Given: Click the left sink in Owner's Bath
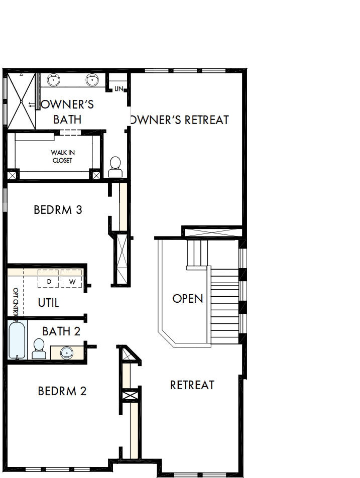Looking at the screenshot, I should [x=53, y=80].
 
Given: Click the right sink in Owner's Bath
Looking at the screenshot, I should [x=92, y=80].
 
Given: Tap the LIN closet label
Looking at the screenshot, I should [x=118, y=89].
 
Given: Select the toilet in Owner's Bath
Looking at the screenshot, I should [x=115, y=167].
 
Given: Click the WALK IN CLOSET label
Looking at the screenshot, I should [x=62, y=156].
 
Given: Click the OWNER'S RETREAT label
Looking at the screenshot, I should [x=179, y=120].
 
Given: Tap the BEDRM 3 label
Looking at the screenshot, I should [x=58, y=209].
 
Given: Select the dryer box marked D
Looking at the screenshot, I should [x=49, y=282].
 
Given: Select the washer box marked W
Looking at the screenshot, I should [x=72, y=282].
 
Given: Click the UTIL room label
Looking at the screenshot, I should [x=49, y=303].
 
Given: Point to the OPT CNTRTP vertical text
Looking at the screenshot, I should [x=16, y=303].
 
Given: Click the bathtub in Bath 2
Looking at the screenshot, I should [x=17, y=340].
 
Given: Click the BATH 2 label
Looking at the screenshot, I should [x=61, y=331].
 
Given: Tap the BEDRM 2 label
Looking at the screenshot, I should [x=62, y=391].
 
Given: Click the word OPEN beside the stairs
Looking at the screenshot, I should [x=188, y=299].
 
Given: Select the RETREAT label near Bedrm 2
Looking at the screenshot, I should [x=192, y=385].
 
